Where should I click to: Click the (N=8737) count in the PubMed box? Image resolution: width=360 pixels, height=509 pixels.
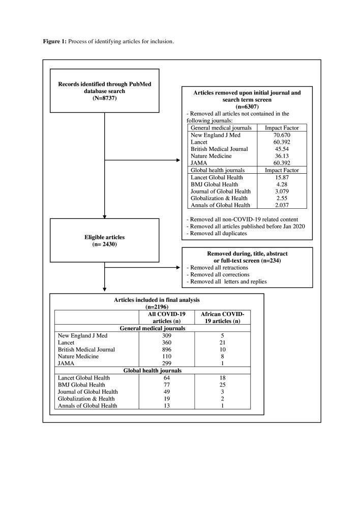click(104, 99)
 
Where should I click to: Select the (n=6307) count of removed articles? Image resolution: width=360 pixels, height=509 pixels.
click(247, 107)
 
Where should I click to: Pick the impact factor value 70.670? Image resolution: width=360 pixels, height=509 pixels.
click(282, 135)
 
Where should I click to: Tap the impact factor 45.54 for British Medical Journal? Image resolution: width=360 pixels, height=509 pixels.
click(282, 149)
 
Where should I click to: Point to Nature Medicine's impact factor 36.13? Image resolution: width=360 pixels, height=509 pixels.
click(282, 156)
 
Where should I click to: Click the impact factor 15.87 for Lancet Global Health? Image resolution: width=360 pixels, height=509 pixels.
click(282, 177)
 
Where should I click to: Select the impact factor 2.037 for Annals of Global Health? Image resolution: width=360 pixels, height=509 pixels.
click(282, 205)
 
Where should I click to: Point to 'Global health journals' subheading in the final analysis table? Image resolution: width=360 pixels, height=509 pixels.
click(157, 370)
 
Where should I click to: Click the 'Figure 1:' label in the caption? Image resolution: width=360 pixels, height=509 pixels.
click(54, 41)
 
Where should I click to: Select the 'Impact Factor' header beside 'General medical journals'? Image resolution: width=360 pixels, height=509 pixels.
click(282, 128)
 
